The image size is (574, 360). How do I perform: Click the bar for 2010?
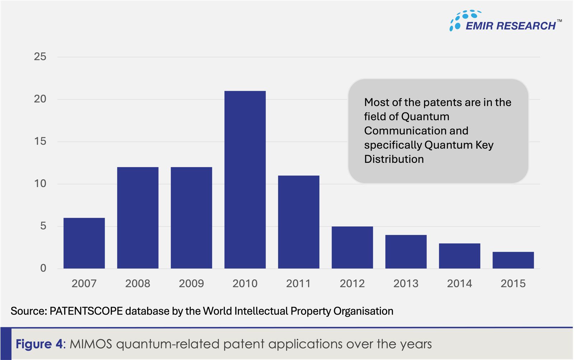[245, 179]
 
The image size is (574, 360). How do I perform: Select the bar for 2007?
[84, 243]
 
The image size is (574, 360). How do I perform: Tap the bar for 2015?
[513, 260]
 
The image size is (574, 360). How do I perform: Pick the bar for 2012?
[352, 247]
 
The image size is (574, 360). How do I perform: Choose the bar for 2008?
[138, 218]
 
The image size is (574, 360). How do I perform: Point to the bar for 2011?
[298, 222]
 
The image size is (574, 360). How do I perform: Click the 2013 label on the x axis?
[406, 284]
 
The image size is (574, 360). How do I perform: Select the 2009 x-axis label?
[191, 284]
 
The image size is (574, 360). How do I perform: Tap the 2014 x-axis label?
[460, 284]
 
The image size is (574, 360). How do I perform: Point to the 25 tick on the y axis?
[40, 57]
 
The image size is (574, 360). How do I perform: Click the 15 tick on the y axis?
[40, 141]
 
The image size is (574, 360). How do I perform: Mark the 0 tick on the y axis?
[43, 268]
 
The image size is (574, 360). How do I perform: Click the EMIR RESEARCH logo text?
[511, 26]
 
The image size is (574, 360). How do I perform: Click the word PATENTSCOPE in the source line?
[86, 311]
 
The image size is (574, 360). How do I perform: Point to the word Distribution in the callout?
[394, 159]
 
